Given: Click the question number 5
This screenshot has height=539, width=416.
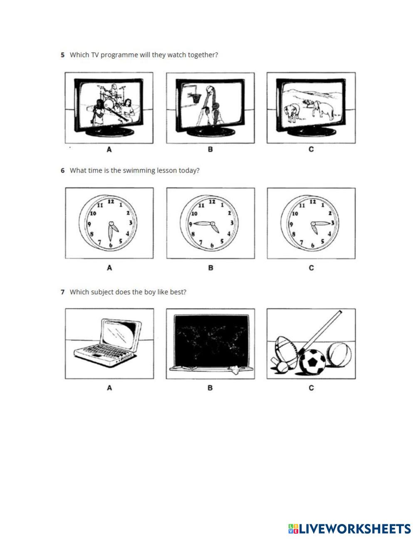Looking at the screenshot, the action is (62, 55).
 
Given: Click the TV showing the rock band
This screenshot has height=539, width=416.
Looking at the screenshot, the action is (109, 107).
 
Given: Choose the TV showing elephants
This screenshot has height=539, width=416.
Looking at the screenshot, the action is (311, 107).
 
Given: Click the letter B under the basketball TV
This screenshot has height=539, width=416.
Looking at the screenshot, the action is (210, 149).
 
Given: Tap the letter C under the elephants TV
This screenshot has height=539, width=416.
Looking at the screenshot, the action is (311, 149).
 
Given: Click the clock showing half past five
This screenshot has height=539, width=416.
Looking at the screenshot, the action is (109, 223).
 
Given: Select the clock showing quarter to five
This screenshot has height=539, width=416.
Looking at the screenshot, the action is (210, 223).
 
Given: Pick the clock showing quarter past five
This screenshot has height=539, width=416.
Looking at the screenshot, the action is (311, 223).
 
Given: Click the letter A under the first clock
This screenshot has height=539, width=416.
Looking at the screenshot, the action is (109, 268).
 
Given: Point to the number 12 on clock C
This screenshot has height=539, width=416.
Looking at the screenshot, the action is (313, 202).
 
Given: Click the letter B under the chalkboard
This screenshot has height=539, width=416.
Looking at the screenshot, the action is (210, 388).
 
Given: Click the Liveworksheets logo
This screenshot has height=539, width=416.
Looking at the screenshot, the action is (349, 529).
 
